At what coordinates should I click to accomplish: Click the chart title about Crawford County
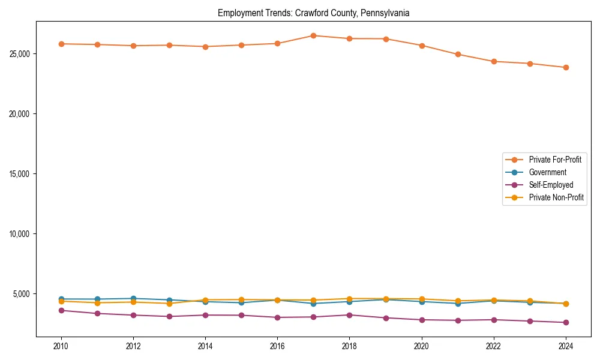313,13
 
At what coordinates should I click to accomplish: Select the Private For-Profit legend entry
550,160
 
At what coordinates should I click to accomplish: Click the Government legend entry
547,172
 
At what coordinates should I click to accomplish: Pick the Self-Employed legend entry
551,185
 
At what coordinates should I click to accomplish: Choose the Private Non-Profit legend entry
556,197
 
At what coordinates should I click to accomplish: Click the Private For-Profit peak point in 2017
313,35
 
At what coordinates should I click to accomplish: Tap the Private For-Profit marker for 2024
566,67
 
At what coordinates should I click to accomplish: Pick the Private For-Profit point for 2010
61,44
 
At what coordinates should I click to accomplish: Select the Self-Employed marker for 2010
61,310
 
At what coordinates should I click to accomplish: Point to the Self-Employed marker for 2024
566,322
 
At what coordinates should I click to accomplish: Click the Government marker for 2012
133,298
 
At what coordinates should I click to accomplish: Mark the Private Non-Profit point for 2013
169,303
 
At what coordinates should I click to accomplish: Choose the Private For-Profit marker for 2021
458,54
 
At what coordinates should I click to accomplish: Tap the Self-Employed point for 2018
349,315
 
